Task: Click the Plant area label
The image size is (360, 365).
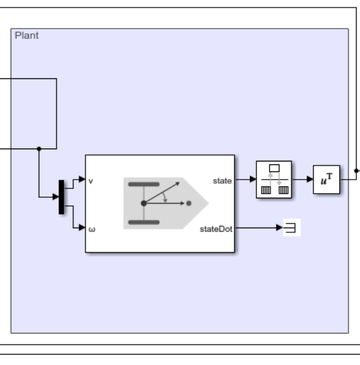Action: point(27,36)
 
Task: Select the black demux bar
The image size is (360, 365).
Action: point(61,197)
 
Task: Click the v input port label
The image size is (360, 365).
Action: point(91,181)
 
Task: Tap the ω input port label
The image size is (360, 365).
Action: point(91,229)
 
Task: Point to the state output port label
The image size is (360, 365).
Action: point(222,181)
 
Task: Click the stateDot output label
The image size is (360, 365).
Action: point(216,229)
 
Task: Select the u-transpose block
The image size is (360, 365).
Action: point(326,180)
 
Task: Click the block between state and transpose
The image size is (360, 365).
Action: point(274,180)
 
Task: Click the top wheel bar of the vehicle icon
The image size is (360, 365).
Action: point(144,185)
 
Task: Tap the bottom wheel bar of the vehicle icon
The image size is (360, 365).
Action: point(144,222)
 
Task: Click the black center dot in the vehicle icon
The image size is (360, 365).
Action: point(144,204)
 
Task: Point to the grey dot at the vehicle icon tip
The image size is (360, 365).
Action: point(189,204)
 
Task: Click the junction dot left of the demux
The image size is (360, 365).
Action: point(39,149)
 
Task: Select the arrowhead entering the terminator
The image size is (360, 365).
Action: point(280,228)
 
